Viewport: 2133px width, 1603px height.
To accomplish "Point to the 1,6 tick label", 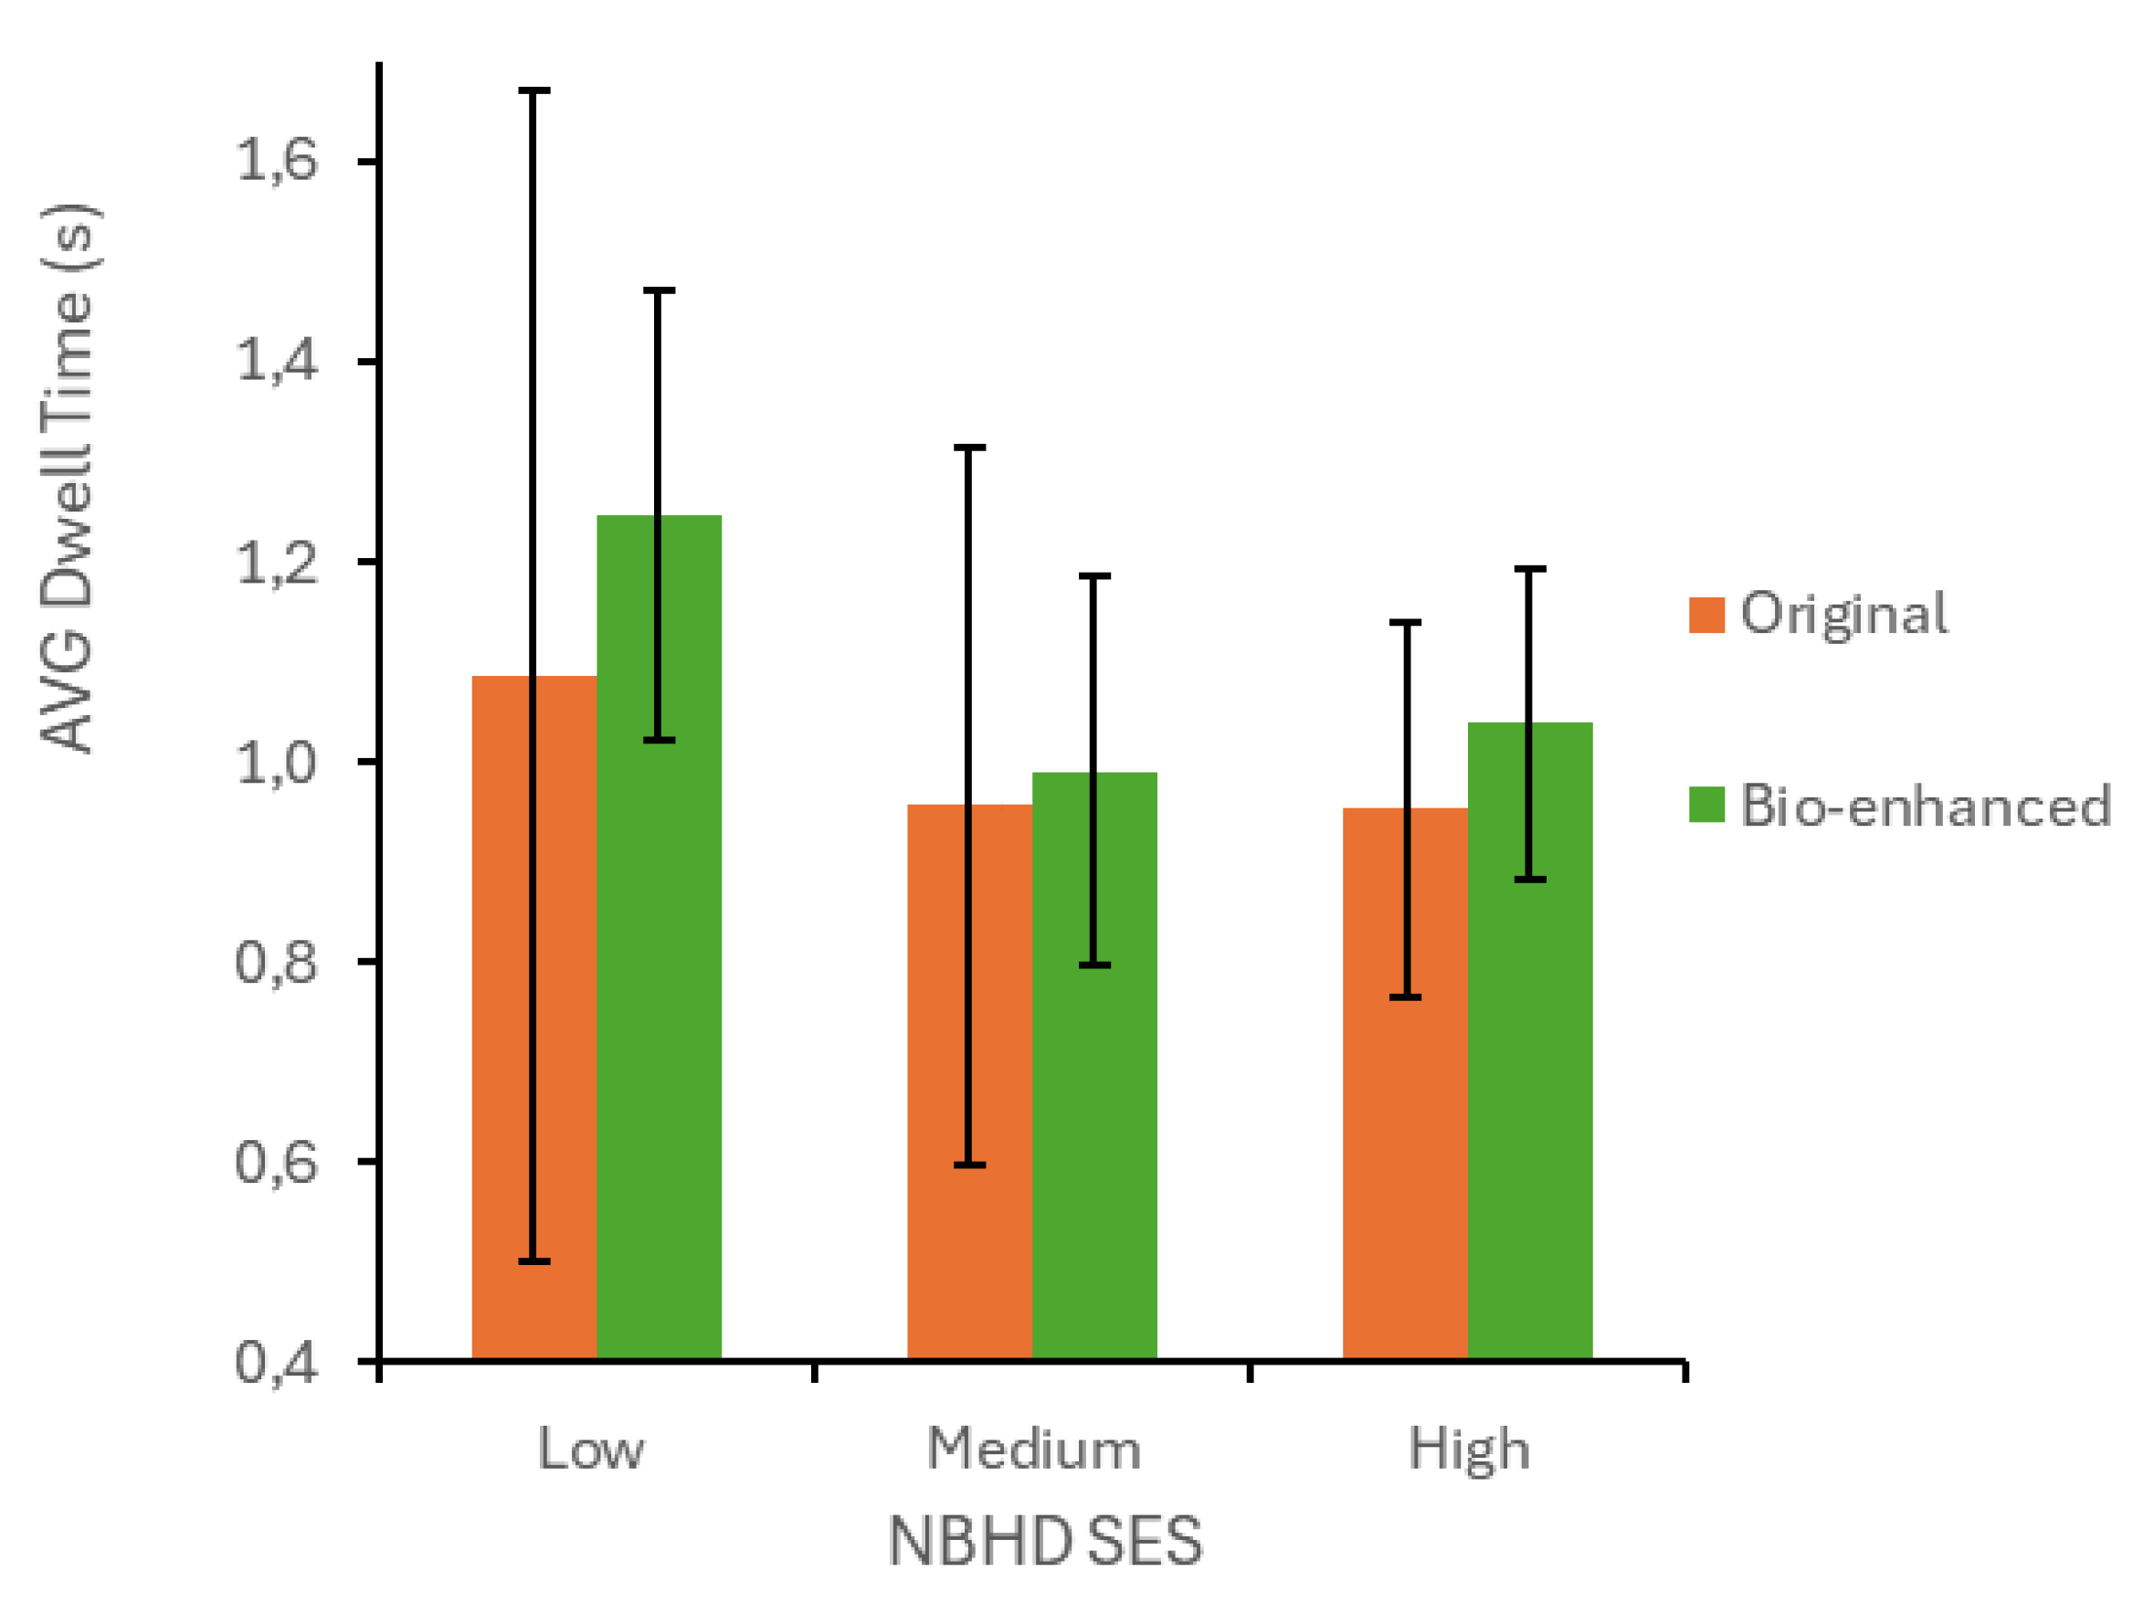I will [x=276, y=160].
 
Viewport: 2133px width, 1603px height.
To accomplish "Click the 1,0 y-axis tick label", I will [x=276, y=764].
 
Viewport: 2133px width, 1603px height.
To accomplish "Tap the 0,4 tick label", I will [x=276, y=1364].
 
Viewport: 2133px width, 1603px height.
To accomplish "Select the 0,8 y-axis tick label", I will [x=276, y=963].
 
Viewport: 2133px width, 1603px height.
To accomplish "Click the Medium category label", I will [x=1034, y=1449].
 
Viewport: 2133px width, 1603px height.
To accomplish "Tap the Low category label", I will [x=590, y=1449].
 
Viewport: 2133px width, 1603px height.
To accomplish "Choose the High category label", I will [x=1469, y=1449].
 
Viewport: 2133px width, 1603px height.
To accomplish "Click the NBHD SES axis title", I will [x=1044, y=1540].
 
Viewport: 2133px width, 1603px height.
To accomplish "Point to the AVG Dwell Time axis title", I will [x=69, y=477].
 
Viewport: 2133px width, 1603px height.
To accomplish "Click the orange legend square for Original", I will [x=1705, y=615].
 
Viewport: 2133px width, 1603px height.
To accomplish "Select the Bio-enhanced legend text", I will [x=1925, y=806].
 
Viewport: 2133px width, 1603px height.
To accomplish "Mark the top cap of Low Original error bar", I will [x=534, y=90].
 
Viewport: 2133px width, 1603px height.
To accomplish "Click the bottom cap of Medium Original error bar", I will [x=969, y=1165].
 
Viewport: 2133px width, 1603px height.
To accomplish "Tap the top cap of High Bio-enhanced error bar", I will [x=1530, y=570].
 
